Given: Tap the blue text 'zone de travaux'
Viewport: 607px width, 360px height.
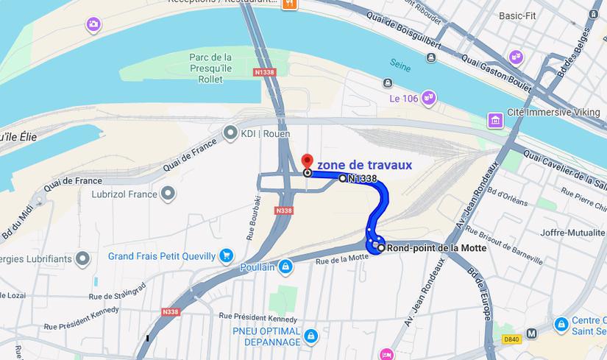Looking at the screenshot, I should tap(364, 165).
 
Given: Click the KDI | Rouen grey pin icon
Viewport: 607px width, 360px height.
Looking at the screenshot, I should tap(230, 133).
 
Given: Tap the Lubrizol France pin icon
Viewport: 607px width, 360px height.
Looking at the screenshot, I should tap(168, 194).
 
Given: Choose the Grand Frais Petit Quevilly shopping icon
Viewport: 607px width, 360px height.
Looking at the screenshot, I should tap(227, 256).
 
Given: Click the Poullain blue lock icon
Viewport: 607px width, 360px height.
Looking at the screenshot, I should tap(286, 267).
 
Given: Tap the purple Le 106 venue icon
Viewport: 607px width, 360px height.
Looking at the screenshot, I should tap(428, 97).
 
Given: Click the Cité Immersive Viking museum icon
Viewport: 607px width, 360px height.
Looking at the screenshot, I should tap(496, 120).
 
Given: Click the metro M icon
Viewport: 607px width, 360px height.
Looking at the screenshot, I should tap(532, 333).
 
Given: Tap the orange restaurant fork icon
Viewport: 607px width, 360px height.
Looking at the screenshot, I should tap(289, 4).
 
